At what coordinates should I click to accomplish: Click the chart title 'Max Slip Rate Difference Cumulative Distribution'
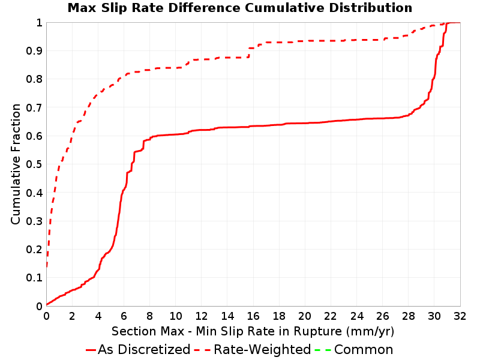[x=240, y=8]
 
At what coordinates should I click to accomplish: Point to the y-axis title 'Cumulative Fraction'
[x=16, y=164]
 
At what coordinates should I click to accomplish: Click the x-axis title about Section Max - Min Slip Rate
[x=253, y=331]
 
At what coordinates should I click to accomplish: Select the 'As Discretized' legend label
[x=144, y=350]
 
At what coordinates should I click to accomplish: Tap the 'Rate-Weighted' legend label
[x=262, y=350]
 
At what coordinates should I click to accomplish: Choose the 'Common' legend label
[x=364, y=350]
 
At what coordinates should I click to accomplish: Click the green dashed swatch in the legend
[x=323, y=350]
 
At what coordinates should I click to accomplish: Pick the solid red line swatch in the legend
[x=91, y=350]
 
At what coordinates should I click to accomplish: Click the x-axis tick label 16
[x=253, y=316]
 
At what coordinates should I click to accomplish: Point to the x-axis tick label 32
[x=460, y=316]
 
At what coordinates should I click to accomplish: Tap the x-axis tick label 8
[x=149, y=316]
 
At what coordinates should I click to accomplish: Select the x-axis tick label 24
[x=356, y=316]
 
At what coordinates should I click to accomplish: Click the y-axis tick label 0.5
[x=34, y=164]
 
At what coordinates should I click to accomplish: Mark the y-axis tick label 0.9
[x=34, y=50]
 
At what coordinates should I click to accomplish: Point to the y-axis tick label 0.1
[x=34, y=278]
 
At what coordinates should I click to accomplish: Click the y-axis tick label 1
[x=39, y=22]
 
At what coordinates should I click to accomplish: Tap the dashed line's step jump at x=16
[x=249, y=53]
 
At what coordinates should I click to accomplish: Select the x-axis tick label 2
[x=72, y=316]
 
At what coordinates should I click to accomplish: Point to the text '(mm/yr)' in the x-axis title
[x=370, y=332]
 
